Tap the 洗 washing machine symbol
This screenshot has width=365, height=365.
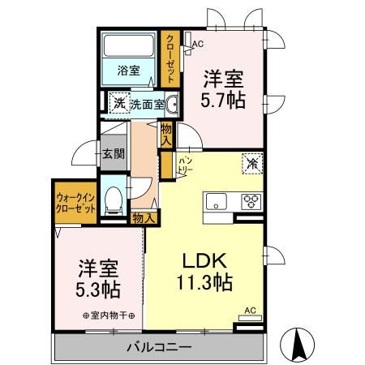coord(118,104)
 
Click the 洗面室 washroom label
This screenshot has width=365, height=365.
coord(148,105)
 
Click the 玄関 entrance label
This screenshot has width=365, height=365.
coord(112,154)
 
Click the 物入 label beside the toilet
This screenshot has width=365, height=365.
coord(144,218)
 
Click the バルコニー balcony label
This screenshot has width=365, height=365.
coord(158,347)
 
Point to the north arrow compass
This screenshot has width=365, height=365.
coord(298,346)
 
